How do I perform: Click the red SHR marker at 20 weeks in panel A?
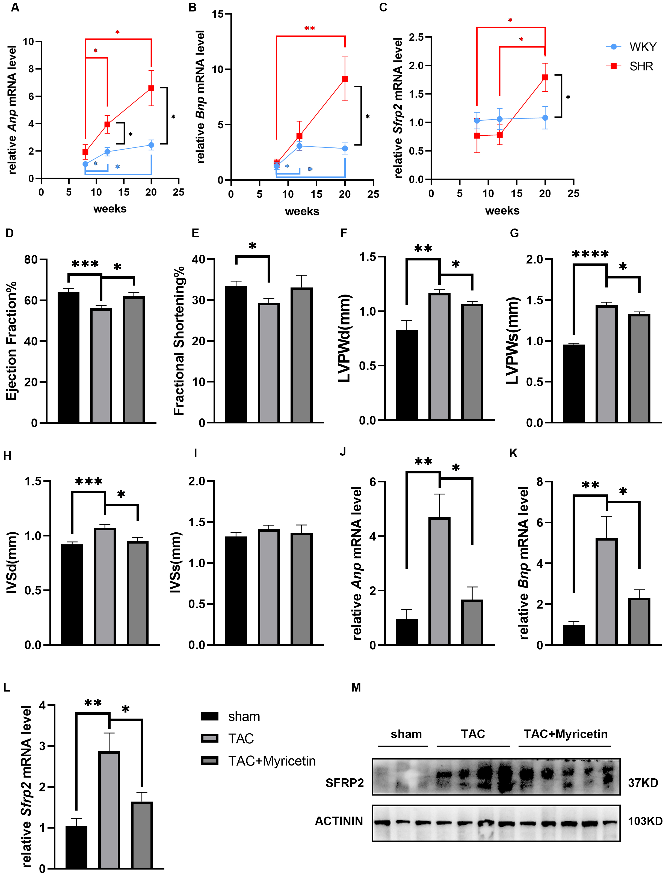tap(151, 88)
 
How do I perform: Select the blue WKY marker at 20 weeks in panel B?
tap(345, 149)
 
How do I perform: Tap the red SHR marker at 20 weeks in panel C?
tap(545, 77)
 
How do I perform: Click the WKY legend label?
tap(643, 47)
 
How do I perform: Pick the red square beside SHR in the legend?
tap(614, 66)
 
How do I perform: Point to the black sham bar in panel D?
tap(69, 357)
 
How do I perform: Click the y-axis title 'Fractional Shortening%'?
tap(179, 341)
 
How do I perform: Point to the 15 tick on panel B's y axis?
tap(217, 14)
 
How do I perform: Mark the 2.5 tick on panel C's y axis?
tap(416, 37)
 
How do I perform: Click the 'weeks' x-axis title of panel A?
tap(110, 209)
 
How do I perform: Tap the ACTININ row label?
tap(339, 821)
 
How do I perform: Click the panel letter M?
tap(356, 687)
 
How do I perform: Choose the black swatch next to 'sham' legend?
tap(209, 716)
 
